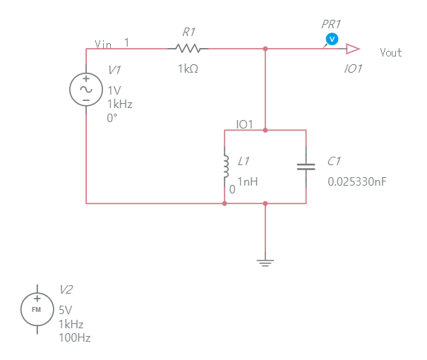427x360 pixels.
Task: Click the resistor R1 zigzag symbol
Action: [x=188, y=49]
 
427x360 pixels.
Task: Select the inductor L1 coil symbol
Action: [x=226, y=167]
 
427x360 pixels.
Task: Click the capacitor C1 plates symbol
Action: [x=306, y=167]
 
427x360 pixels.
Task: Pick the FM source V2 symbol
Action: [x=37, y=309]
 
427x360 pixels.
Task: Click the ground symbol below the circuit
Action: [x=265, y=263]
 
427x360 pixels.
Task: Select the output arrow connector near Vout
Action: [x=353, y=49]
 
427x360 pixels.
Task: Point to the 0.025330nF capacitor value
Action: [x=356, y=181]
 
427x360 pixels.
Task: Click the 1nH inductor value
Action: [x=248, y=181]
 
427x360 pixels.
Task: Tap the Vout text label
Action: [x=390, y=52]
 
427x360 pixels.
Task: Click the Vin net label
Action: [x=103, y=44]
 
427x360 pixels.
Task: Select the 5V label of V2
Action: [x=66, y=310]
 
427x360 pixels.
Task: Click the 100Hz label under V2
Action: [x=74, y=338]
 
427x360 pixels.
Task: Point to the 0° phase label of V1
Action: [x=112, y=118]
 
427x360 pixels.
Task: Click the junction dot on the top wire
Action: [x=265, y=49]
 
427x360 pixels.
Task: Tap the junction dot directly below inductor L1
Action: [x=225, y=203]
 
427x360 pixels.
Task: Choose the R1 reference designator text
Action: [x=188, y=32]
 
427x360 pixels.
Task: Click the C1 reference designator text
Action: [x=335, y=162]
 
